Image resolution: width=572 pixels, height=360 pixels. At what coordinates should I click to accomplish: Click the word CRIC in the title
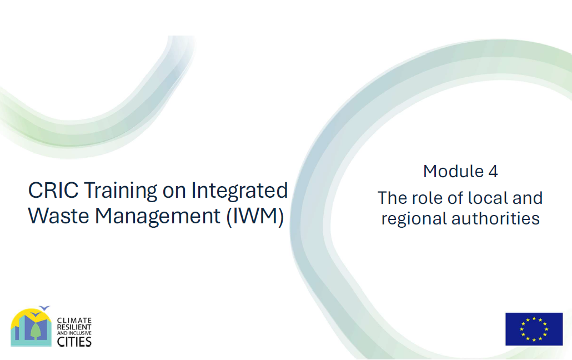click(53, 190)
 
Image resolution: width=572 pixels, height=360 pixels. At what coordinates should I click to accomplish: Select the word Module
click(454, 171)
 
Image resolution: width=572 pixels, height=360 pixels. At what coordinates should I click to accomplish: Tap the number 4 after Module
click(493, 172)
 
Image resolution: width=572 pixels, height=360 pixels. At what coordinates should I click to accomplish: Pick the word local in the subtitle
click(488, 198)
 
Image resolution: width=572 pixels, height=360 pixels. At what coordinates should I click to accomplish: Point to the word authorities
click(495, 218)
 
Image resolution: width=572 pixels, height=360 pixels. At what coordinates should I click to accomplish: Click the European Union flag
click(534, 329)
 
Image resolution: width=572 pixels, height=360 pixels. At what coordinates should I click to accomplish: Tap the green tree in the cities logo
click(36, 331)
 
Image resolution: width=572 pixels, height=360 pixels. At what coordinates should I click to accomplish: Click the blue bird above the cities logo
click(44, 308)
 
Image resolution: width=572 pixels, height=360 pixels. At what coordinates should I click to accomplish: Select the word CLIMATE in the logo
click(74, 320)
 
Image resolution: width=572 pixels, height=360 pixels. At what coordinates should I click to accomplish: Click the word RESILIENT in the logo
click(74, 327)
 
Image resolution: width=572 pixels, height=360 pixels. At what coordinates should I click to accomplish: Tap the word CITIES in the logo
click(74, 342)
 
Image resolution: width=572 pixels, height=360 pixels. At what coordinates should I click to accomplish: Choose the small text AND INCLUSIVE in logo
click(74, 333)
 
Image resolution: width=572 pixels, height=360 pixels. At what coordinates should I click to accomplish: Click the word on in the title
click(174, 192)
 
